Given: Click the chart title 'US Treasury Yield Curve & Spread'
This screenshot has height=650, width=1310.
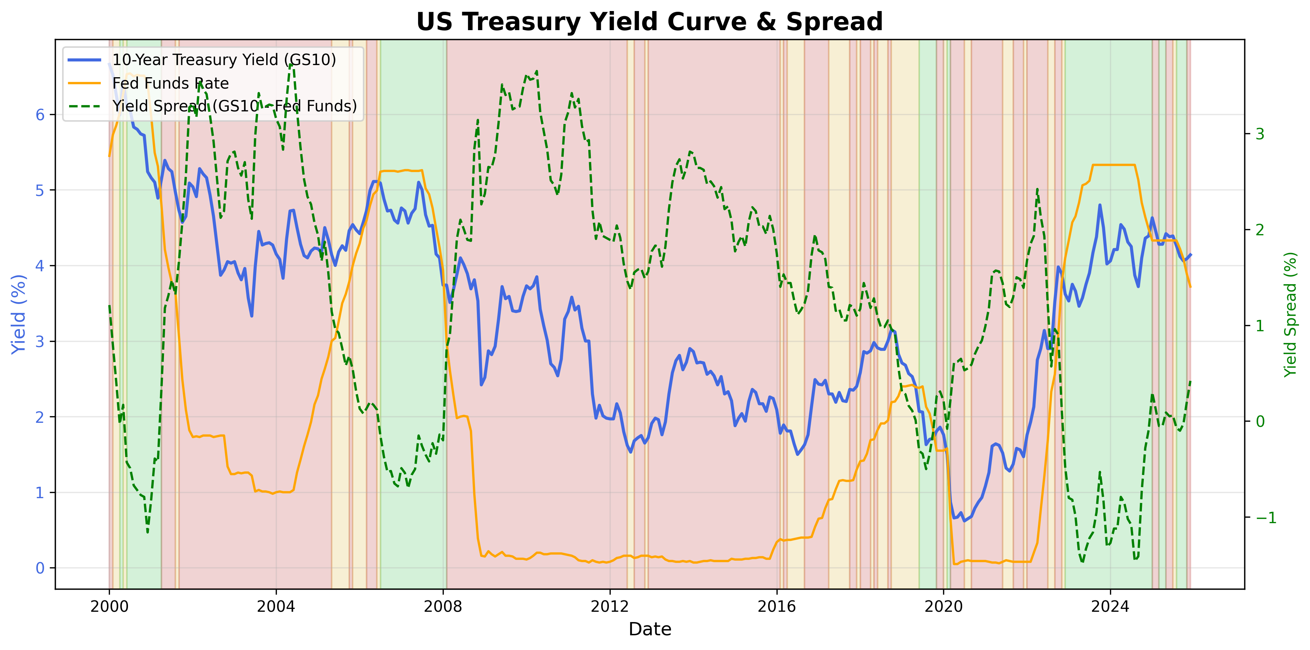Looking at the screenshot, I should pyautogui.click(x=649, y=22).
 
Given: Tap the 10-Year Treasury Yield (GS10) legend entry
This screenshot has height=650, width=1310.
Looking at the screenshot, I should pyautogui.click(x=224, y=60).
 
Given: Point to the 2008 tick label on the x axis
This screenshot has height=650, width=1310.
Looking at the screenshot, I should pyautogui.click(x=443, y=606).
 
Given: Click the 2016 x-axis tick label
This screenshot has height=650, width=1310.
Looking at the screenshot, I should pyautogui.click(x=777, y=606).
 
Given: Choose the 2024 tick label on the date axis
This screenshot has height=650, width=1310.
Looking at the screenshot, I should pyautogui.click(x=1110, y=606).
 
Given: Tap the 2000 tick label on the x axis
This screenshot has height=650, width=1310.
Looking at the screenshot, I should pyautogui.click(x=109, y=606).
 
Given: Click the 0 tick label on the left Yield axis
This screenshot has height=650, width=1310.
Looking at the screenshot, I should pyautogui.click(x=40, y=568).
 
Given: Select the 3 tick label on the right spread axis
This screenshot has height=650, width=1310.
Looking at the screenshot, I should pyautogui.click(x=1260, y=134).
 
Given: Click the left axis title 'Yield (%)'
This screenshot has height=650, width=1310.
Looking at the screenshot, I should pyautogui.click(x=18, y=314).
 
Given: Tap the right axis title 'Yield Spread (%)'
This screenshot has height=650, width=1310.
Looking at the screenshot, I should pyautogui.click(x=1290, y=314).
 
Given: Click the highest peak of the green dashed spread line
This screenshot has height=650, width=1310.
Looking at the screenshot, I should pyautogui.click(x=291, y=64).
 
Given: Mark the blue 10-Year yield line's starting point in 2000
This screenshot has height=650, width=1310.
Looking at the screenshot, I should pyautogui.click(x=109, y=64).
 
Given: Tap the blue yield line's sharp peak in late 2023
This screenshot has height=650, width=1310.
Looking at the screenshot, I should pyautogui.click(x=1100, y=205).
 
